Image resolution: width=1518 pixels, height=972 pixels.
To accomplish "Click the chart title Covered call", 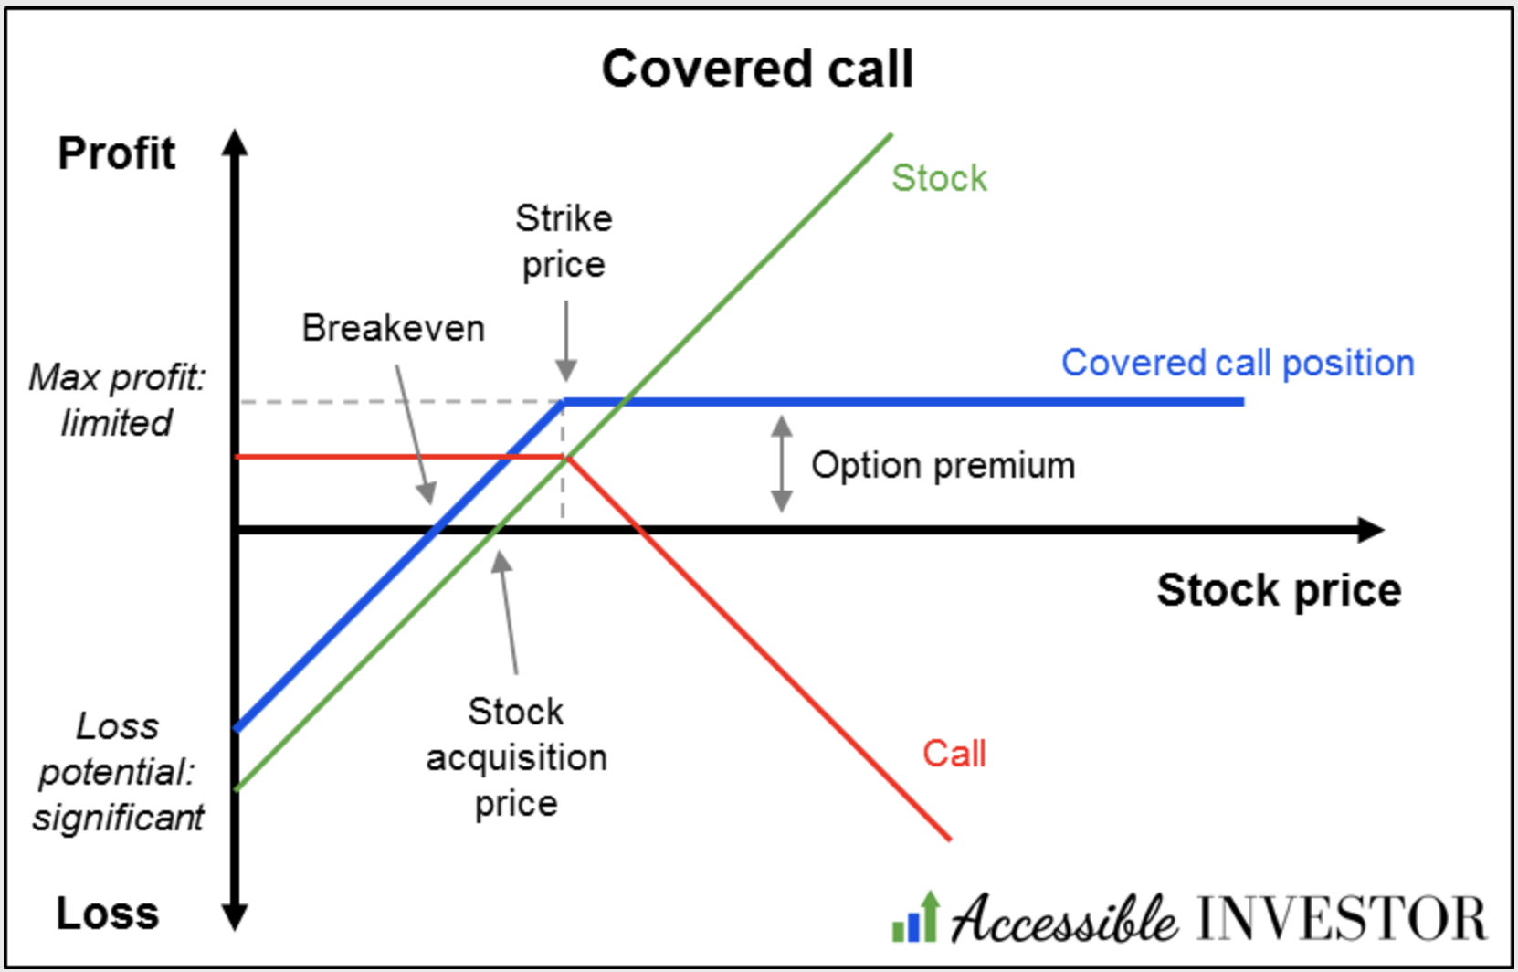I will (757, 69).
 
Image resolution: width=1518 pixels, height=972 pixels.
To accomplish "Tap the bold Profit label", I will (116, 153).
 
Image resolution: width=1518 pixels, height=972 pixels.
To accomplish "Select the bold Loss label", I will (108, 914).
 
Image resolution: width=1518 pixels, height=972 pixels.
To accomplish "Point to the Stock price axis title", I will (1279, 590).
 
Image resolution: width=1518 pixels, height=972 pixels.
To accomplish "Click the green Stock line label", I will (939, 178).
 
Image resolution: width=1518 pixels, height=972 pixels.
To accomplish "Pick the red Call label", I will (954, 754).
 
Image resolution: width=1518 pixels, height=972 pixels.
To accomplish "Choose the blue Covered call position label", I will (1238, 364).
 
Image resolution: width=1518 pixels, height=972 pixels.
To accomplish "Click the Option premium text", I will (943, 465).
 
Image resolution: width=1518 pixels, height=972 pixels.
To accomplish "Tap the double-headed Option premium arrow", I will (782, 463).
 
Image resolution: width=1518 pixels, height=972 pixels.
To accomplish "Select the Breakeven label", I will (394, 329).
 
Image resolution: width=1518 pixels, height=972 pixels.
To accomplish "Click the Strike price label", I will (564, 242).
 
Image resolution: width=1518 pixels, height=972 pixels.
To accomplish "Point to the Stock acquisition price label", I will (516, 757).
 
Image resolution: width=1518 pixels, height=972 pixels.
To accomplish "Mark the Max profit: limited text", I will (117, 400).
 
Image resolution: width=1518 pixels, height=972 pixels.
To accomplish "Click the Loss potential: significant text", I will (118, 772).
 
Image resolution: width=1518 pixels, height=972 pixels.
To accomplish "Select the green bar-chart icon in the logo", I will (916, 919).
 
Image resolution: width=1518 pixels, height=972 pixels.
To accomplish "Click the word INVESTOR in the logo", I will (1341, 919).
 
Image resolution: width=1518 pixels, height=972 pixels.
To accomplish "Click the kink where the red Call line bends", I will (566, 457).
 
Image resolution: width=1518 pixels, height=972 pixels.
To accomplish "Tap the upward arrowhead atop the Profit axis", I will (235, 143).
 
